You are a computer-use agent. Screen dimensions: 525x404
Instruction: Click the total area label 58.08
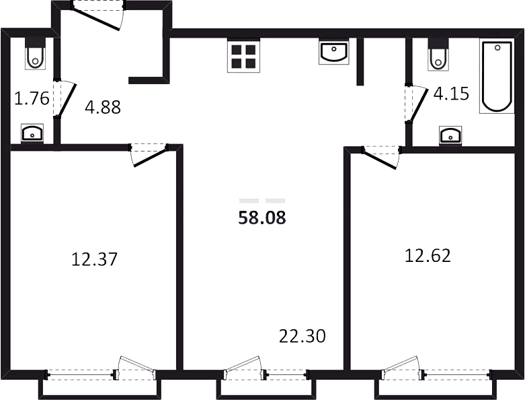pyautogui.click(x=262, y=217)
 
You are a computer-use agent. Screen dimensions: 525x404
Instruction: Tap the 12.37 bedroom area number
pyautogui.click(x=94, y=259)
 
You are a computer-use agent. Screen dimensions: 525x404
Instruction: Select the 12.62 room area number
pyautogui.click(x=428, y=255)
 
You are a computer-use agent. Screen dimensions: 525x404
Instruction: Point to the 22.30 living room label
pyautogui.click(x=302, y=336)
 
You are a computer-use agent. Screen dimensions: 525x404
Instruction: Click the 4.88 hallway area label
pyautogui.click(x=103, y=107)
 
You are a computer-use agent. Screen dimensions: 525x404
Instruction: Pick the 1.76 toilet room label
pyautogui.click(x=32, y=98)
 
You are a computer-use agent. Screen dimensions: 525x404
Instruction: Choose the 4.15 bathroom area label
pyautogui.click(x=451, y=94)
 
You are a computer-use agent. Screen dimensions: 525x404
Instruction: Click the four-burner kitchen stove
pyautogui.click(x=244, y=55)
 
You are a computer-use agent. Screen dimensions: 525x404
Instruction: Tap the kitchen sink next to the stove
pyautogui.click(x=334, y=51)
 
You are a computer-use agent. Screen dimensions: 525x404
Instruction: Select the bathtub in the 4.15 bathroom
pyautogui.click(x=497, y=77)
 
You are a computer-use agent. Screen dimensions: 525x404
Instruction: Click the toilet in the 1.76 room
pyautogui.click(x=35, y=54)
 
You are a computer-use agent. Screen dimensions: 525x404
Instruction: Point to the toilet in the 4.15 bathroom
pyautogui.click(x=438, y=55)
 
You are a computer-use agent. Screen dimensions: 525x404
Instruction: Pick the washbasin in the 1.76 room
pyautogui.click(x=32, y=133)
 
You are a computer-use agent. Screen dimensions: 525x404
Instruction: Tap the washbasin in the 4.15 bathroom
pyautogui.click(x=450, y=135)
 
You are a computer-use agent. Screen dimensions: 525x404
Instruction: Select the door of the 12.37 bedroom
pyautogui.click(x=149, y=155)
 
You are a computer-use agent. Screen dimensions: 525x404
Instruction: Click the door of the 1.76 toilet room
pyautogui.click(x=65, y=99)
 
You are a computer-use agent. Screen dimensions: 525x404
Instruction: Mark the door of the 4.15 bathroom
pyautogui.click(x=416, y=104)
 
